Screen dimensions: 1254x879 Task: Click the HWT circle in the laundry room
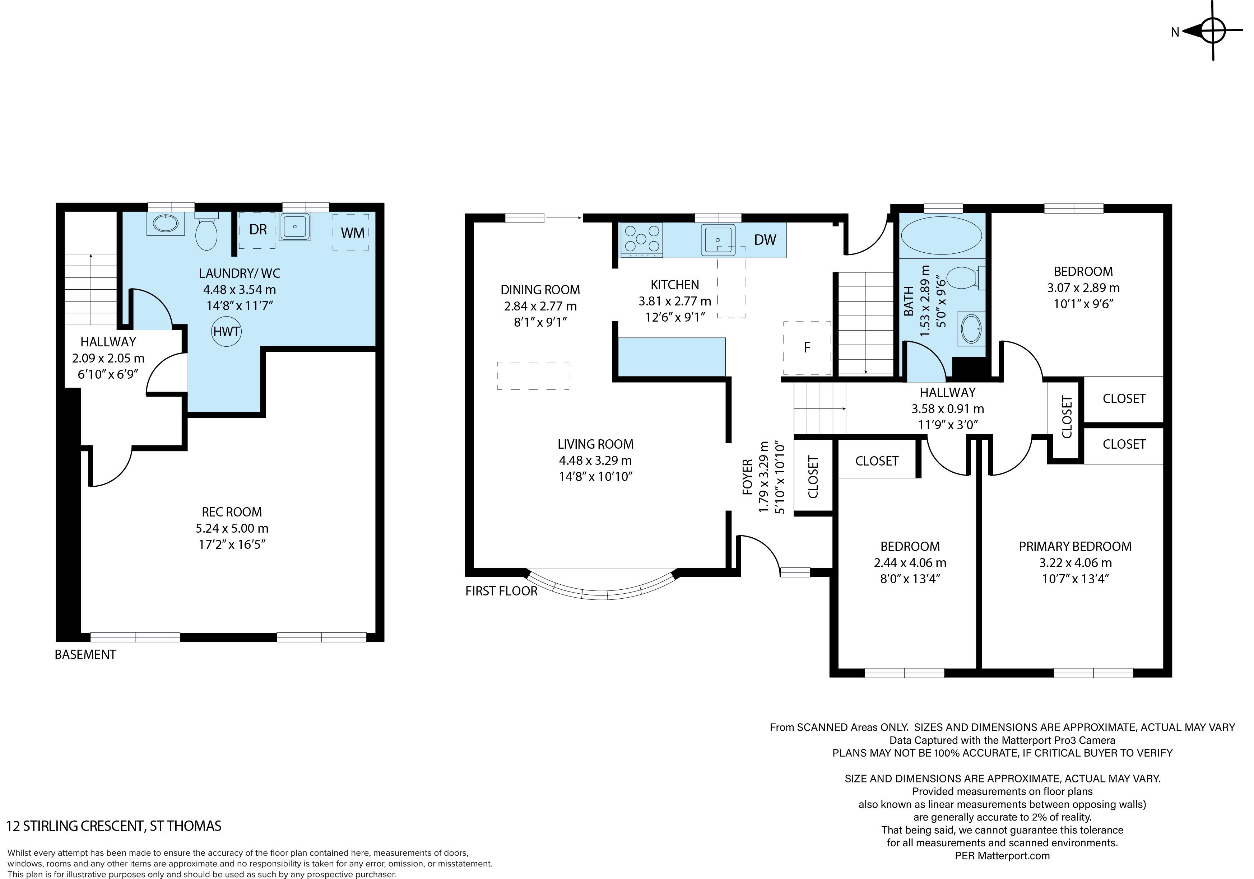(x=226, y=331)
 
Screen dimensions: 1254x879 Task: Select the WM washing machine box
(x=351, y=232)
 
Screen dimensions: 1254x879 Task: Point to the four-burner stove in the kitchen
(x=642, y=240)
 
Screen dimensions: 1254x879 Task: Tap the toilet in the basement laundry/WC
(x=206, y=232)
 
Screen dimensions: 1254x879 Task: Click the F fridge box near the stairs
(x=807, y=348)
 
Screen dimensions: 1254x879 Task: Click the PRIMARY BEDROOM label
(x=1075, y=547)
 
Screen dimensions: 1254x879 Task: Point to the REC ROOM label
(x=232, y=512)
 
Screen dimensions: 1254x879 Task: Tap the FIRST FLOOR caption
(x=501, y=591)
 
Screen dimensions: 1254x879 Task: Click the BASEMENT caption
(x=85, y=655)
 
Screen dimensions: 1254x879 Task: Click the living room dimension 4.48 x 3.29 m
(x=595, y=460)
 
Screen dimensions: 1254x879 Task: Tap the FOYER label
(x=748, y=477)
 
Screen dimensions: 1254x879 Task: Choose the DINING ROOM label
(x=540, y=290)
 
